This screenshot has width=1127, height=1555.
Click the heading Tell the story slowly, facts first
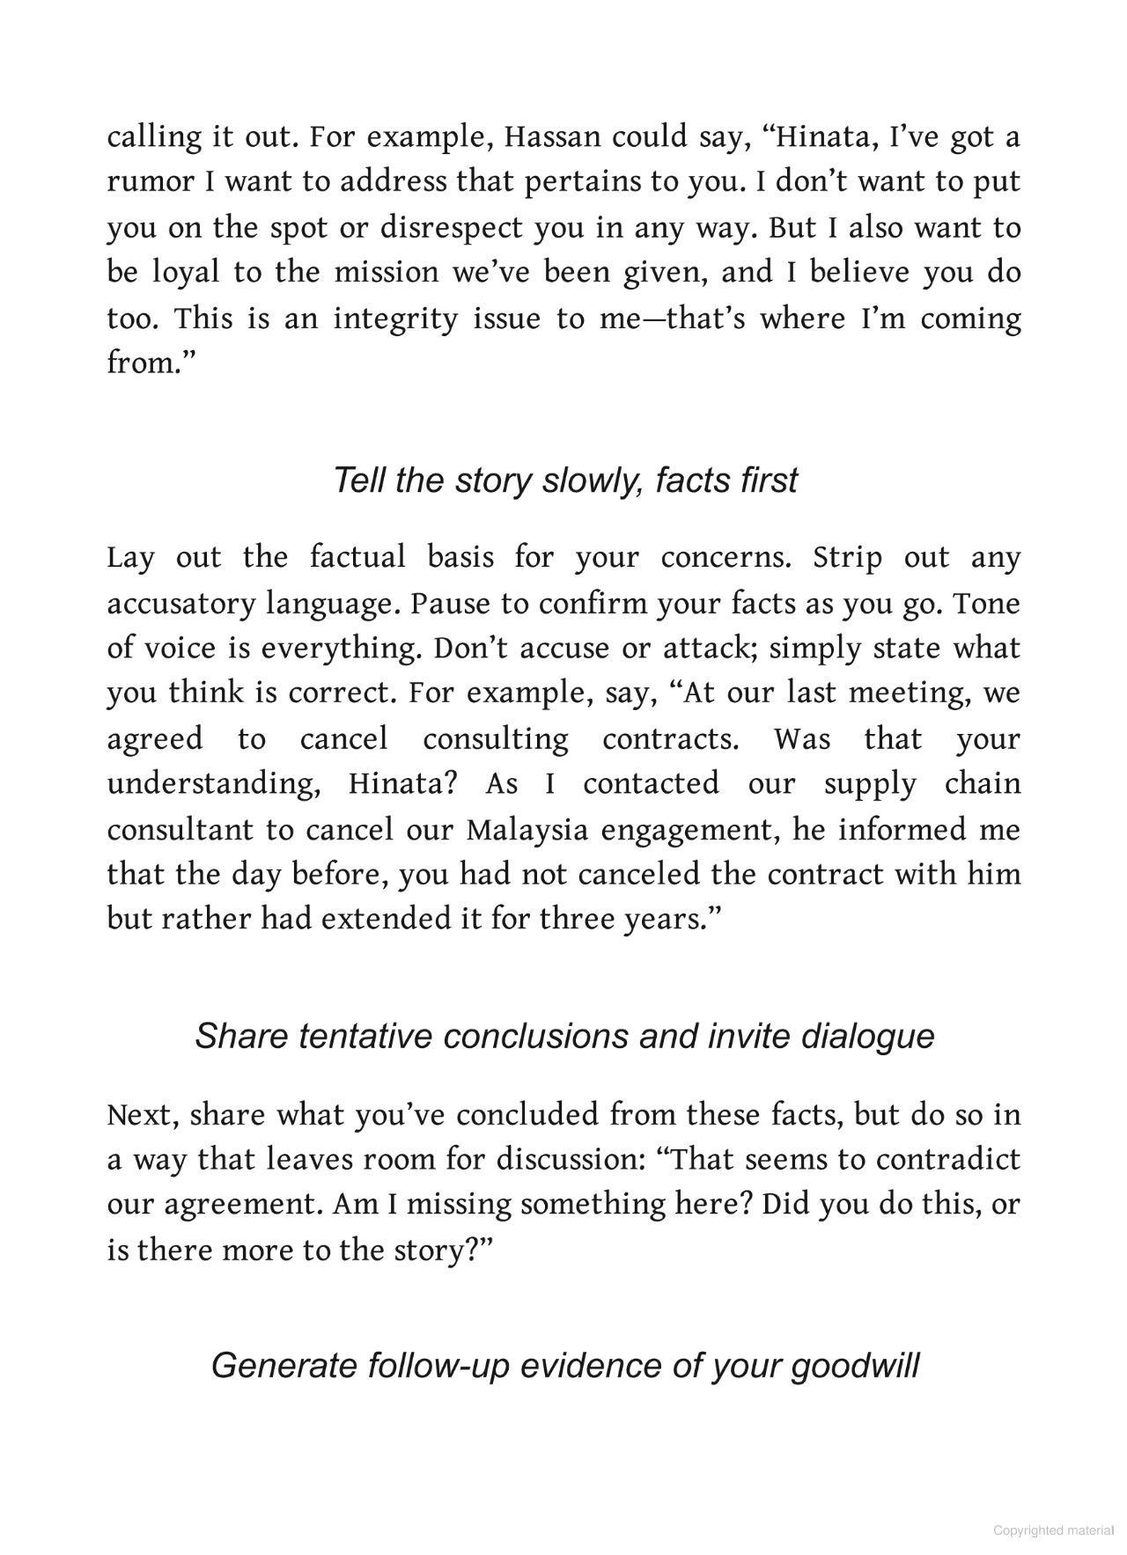[564, 480]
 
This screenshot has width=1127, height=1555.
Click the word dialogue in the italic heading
[867, 1036]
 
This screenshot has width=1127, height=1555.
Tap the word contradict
[947, 1159]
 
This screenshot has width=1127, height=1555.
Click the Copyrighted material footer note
[1053, 1530]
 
